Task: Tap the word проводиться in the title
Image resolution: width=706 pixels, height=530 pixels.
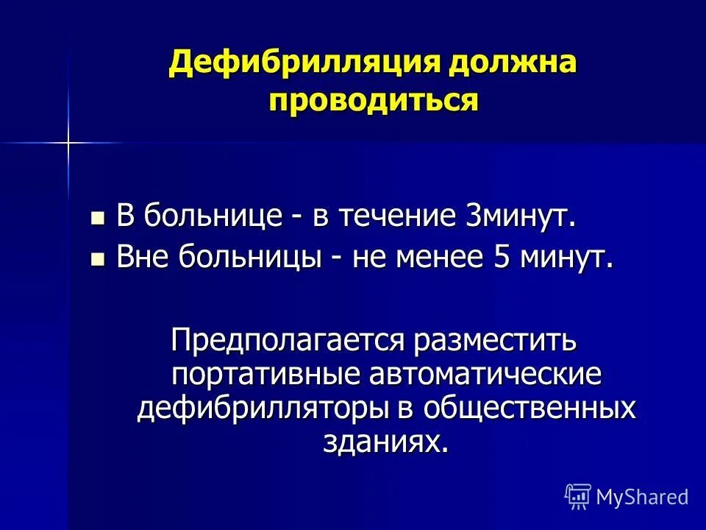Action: pyautogui.click(x=374, y=100)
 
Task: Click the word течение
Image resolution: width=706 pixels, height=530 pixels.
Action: pyautogui.click(x=397, y=217)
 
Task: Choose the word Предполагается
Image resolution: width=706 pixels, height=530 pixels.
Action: pyautogui.click(x=289, y=341)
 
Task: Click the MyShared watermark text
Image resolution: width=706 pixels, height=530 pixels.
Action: pyautogui.click(x=642, y=497)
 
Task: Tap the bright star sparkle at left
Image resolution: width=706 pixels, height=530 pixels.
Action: pyautogui.click(x=67, y=141)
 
